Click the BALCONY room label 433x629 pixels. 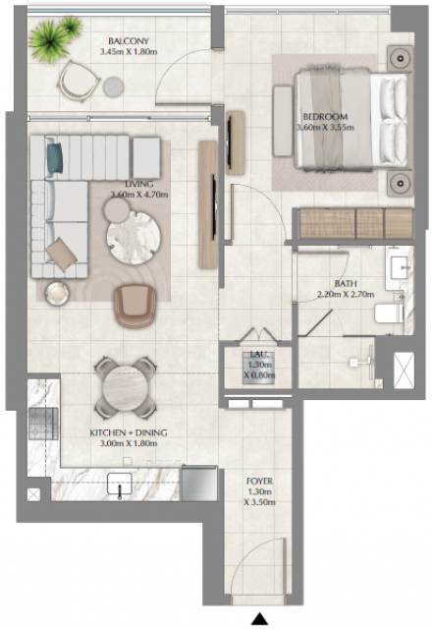pyautogui.click(x=129, y=41)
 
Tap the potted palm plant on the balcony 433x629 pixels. pyautogui.click(x=54, y=38)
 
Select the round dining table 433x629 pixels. pyautogui.click(x=126, y=387)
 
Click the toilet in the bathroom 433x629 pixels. pyautogui.click(x=389, y=314)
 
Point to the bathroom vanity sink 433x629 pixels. pyautogui.click(x=400, y=267)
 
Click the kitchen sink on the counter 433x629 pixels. pyautogui.click(x=120, y=483)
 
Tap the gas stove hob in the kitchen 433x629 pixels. pyautogui.click(x=43, y=424)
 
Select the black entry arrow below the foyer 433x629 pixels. pyautogui.click(x=259, y=619)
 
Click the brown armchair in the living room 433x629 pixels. pyautogui.click(x=135, y=306)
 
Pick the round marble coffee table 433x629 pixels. pyautogui.click(x=134, y=238)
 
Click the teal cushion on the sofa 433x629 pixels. pyautogui.click(x=55, y=158)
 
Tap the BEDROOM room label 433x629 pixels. pyautogui.click(x=325, y=117)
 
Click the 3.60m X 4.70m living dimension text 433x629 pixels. pyautogui.click(x=139, y=195)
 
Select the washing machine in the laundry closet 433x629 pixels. pyautogui.click(x=258, y=368)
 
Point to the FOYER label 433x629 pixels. pyautogui.click(x=259, y=481)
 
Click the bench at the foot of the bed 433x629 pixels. pyautogui.click(x=283, y=121)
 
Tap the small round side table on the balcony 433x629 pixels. pyautogui.click(x=114, y=87)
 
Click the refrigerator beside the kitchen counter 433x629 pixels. pyautogui.click(x=199, y=483)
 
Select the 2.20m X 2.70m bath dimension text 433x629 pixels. pyautogui.click(x=346, y=295)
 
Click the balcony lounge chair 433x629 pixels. pyautogui.click(x=79, y=82)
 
